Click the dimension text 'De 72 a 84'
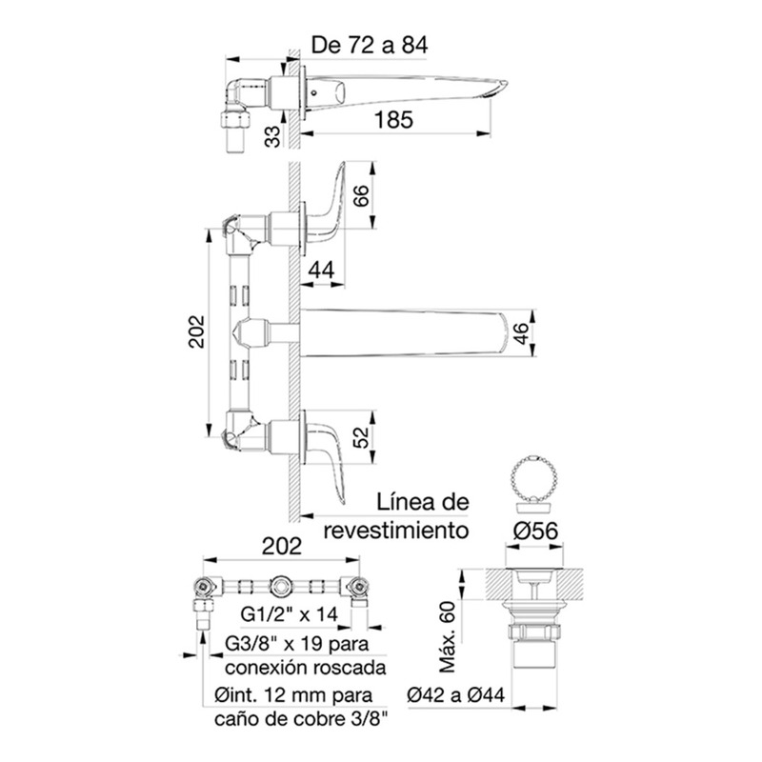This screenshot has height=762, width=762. (x=370, y=45)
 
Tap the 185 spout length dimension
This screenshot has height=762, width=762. (x=393, y=120)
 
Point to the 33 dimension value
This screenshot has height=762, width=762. (x=273, y=136)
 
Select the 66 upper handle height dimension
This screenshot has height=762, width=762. (x=362, y=195)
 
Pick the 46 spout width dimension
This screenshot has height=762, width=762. (x=520, y=332)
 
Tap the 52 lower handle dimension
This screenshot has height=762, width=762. (x=362, y=437)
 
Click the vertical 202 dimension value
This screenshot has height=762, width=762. (x=197, y=331)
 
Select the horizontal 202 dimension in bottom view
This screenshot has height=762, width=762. (x=282, y=546)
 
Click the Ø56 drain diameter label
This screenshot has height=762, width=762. (x=536, y=531)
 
